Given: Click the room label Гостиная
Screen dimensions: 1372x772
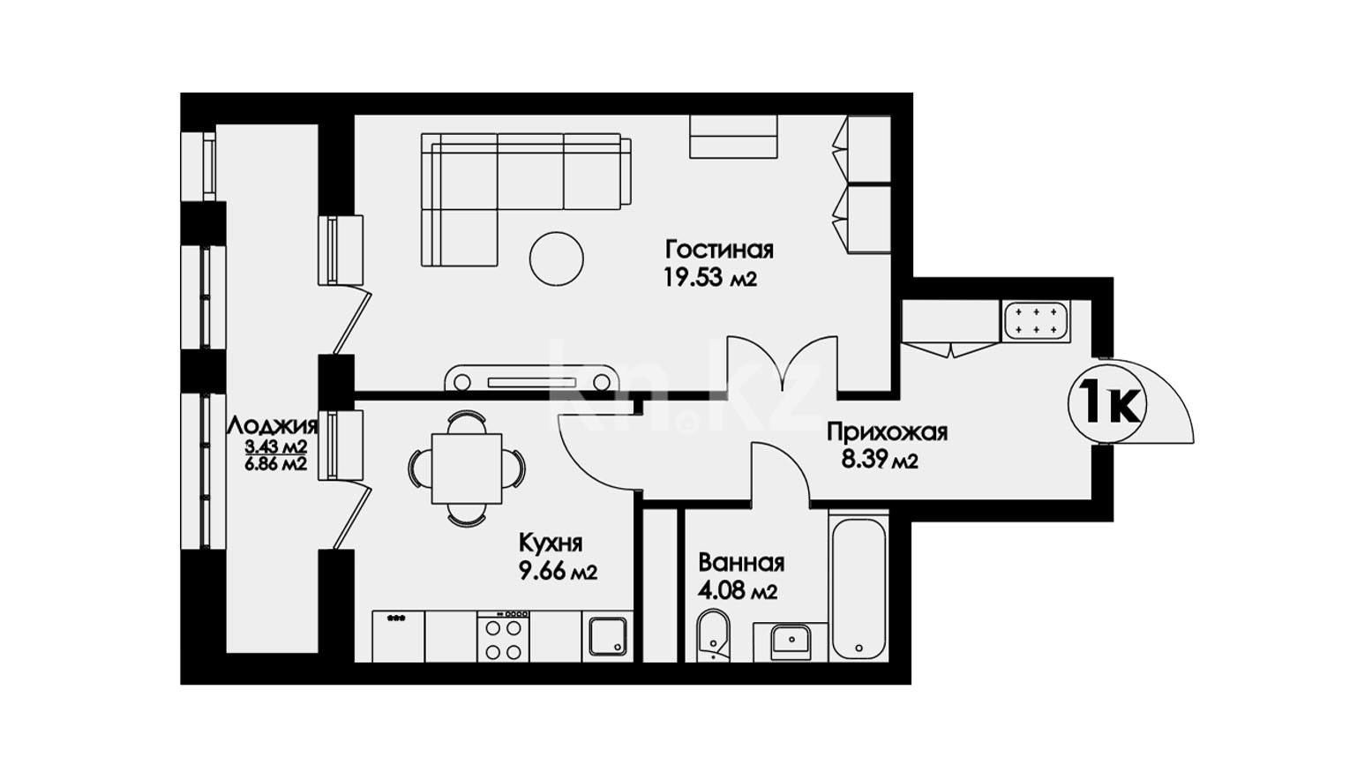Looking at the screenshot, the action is (720, 250).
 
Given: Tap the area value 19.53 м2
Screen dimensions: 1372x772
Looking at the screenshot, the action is (710, 279).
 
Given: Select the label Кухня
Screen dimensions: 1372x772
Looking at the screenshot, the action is (551, 543).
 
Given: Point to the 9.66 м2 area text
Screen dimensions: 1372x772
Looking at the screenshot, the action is (558, 573).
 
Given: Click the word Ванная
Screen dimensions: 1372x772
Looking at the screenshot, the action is (741, 563).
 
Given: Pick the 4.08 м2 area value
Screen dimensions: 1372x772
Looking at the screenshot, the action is (738, 591).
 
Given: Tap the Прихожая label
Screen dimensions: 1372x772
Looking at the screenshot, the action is (888, 432).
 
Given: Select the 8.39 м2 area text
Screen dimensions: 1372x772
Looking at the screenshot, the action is (880, 460).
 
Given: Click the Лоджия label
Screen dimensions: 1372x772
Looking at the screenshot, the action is (273, 425).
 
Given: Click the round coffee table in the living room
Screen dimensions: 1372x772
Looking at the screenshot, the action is (556, 259).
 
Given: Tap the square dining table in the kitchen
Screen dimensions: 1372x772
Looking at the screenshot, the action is (467, 468).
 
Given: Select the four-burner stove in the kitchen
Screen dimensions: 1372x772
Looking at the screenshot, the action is (504, 636).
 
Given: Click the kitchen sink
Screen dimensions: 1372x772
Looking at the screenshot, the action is (608, 637).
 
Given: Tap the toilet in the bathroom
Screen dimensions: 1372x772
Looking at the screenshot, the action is (714, 636).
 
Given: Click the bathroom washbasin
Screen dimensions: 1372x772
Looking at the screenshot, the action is (791, 641).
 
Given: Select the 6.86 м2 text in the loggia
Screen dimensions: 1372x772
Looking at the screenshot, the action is (275, 464).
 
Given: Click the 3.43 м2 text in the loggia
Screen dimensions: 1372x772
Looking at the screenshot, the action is (275, 446).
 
